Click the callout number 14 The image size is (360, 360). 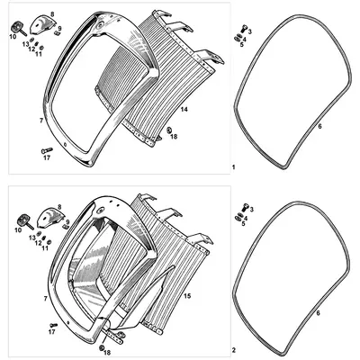pos(184,109)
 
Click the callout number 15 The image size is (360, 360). pos(185,294)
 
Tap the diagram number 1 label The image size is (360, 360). pos(233,168)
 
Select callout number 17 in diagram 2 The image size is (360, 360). pos(51,332)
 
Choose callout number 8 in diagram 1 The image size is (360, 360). pos(51,14)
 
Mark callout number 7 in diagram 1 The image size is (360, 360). pos(41,118)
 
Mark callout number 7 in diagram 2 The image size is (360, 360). pos(45,297)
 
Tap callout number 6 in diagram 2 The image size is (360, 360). pos(316,311)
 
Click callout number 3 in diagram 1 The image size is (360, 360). pos(249,31)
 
